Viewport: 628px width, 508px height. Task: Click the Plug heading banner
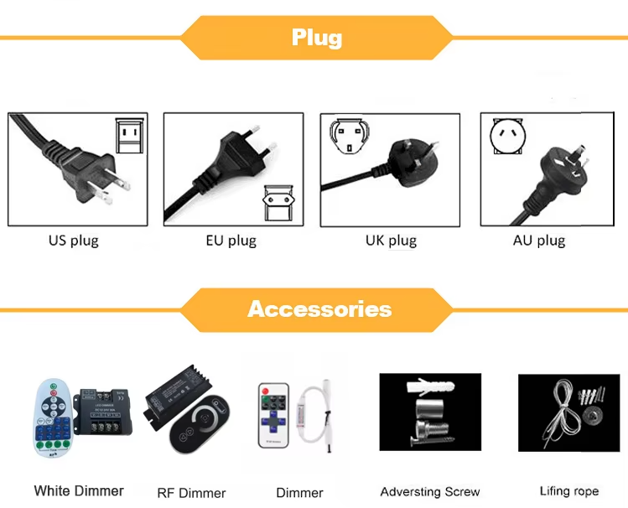[317, 38]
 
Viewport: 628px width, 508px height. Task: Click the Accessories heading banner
[319, 309]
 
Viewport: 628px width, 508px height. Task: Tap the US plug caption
[73, 241]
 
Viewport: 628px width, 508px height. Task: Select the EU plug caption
[231, 241]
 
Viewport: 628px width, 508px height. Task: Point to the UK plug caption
[391, 241]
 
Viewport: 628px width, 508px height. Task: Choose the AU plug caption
[539, 241]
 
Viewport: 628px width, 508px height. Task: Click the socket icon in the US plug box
[129, 135]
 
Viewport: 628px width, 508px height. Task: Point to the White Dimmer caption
[79, 491]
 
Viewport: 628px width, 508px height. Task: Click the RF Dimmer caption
[191, 493]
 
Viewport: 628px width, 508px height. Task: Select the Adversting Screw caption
[430, 492]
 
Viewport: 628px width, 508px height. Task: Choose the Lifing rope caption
[569, 491]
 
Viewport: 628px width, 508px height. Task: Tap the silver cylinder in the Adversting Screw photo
[428, 412]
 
